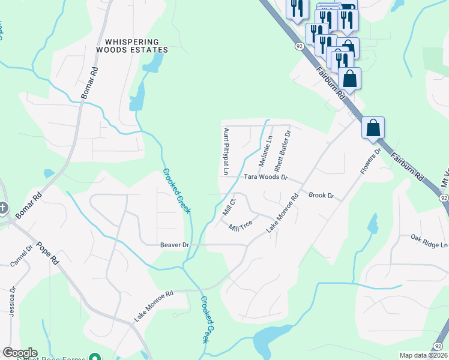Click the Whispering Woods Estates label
[136, 46]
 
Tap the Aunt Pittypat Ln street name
[226, 151]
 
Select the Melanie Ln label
[265, 151]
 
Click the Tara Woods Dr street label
[267, 178]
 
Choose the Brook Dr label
[321, 196]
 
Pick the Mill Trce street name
[240, 227]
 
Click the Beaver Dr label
[175, 245]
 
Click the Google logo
[20, 353]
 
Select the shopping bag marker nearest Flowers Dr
[373, 128]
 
